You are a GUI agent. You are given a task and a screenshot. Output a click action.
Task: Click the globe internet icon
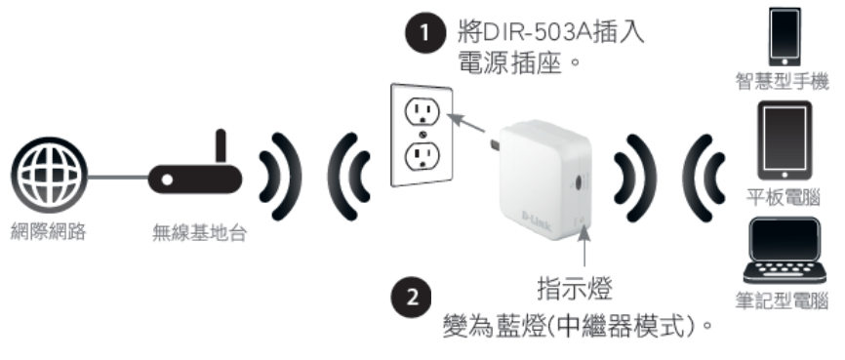pyautogui.click(x=49, y=175)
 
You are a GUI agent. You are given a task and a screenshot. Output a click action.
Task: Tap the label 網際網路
pyautogui.click(x=49, y=232)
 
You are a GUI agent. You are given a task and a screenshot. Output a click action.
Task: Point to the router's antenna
pyautogui.click(x=221, y=146)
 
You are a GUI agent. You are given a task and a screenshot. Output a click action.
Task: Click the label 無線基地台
pyautogui.click(x=199, y=233)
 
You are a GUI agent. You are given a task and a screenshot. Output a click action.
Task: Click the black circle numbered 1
pyautogui.click(x=425, y=33)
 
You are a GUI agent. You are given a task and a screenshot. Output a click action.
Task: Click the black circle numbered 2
pyautogui.click(x=411, y=298)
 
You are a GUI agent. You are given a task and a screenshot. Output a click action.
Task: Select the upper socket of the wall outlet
pyautogui.click(x=422, y=112)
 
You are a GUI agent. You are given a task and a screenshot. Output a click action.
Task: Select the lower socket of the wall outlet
pyautogui.click(x=422, y=156)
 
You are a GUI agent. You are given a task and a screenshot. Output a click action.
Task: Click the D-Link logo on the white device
pyautogui.click(x=537, y=220)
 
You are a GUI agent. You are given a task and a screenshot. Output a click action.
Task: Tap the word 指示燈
pyautogui.click(x=575, y=289)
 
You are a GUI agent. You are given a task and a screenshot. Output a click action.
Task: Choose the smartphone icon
pyautogui.click(x=785, y=37)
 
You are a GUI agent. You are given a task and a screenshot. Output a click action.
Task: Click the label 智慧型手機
pyautogui.click(x=782, y=82)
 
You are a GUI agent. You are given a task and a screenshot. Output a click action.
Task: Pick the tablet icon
pyautogui.click(x=785, y=140)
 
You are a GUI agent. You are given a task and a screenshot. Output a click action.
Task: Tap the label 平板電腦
pyautogui.click(x=783, y=197)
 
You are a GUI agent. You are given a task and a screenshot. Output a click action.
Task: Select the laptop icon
pyautogui.click(x=785, y=251)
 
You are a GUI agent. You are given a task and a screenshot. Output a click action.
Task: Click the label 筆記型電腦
pyautogui.click(x=782, y=301)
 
